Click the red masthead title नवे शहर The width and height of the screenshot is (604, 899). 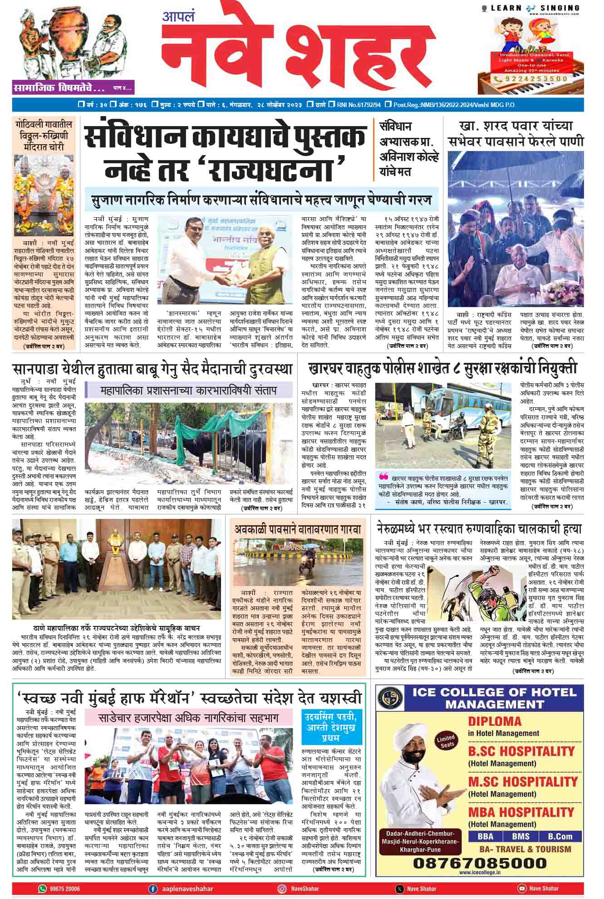point(297,50)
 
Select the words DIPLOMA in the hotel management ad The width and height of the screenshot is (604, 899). point(495,721)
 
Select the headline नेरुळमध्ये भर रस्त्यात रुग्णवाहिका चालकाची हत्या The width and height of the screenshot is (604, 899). point(479,528)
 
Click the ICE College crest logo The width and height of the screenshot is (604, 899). point(390,700)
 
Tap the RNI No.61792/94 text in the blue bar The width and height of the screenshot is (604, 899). point(358,105)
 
